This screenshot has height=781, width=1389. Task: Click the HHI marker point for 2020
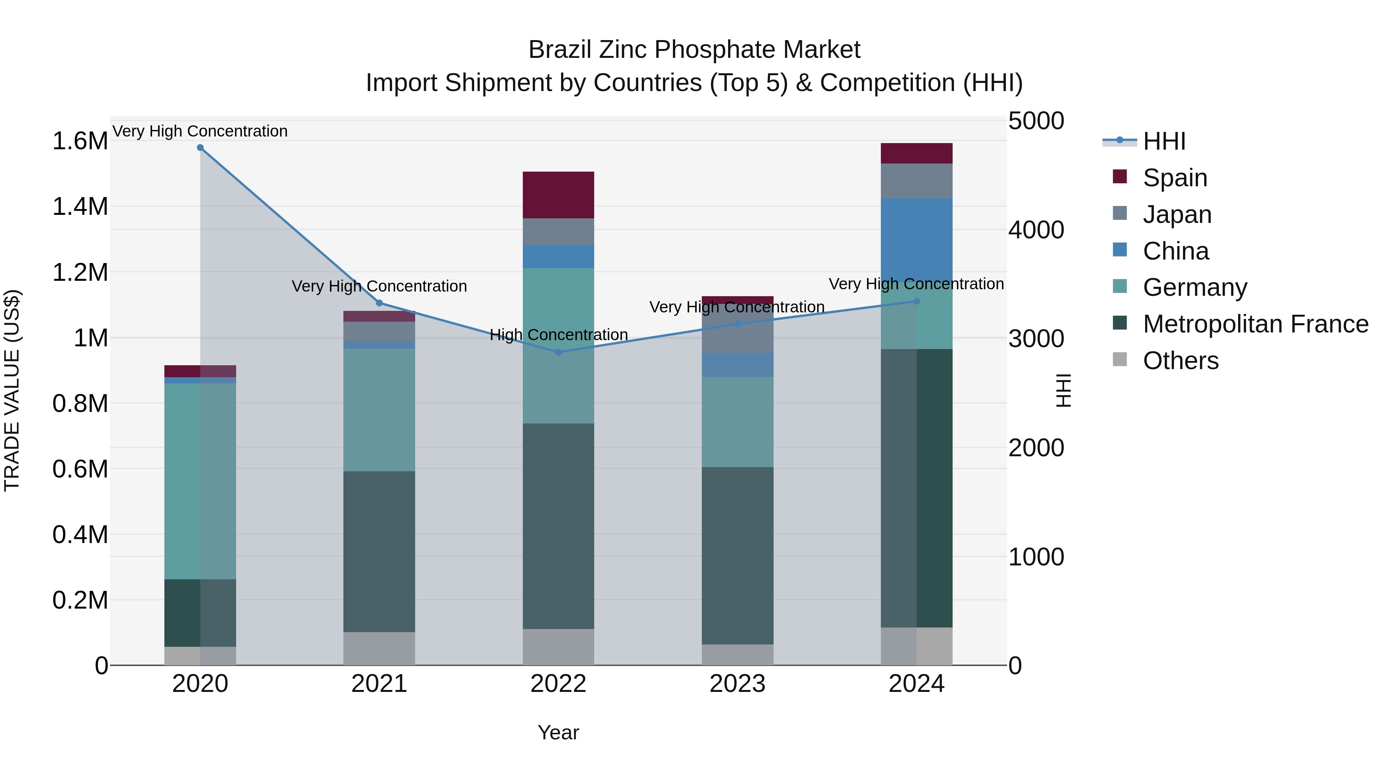200,148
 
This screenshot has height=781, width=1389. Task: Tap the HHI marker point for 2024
917,301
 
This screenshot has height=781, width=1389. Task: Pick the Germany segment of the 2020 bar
200,481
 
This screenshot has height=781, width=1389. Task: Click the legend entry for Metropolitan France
1255,324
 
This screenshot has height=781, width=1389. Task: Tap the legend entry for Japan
1177,214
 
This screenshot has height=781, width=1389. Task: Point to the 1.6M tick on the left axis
80,141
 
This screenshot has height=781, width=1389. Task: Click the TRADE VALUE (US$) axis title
12,390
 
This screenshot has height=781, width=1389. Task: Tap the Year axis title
558,732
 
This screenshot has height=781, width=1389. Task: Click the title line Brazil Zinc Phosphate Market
694,50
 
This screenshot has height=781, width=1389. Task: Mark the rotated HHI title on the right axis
1063,390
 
